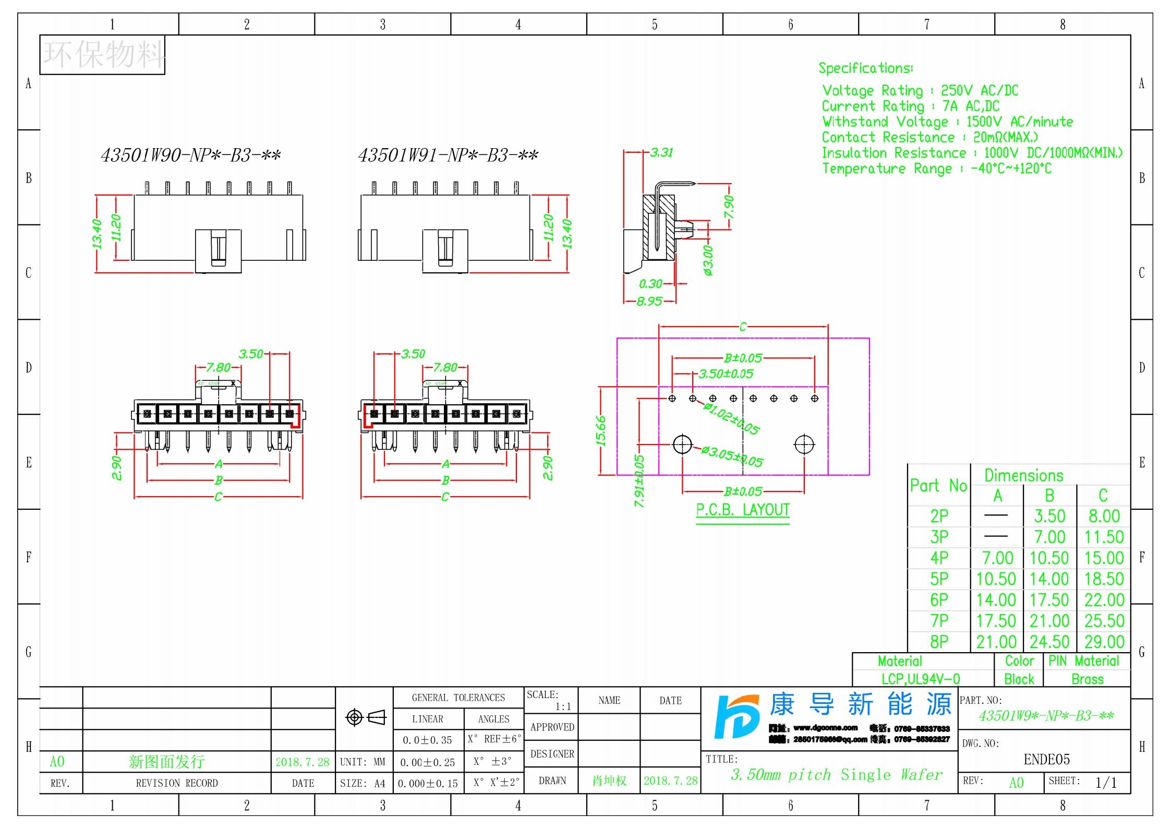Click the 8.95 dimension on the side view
(x=649, y=301)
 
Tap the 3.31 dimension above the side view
(x=661, y=152)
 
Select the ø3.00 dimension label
(x=708, y=260)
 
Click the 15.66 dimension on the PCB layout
(x=601, y=430)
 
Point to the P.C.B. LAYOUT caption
(x=743, y=510)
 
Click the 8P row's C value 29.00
(x=1104, y=642)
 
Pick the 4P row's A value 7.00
(x=997, y=558)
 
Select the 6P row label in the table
(x=939, y=600)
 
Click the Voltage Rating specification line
(x=920, y=90)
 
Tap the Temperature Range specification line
(x=936, y=169)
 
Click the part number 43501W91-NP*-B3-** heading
(x=448, y=155)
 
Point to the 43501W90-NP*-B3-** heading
(x=190, y=155)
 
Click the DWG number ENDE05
(x=1046, y=759)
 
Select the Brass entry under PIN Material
(x=1087, y=679)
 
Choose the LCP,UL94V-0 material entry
(x=920, y=679)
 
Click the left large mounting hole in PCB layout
(x=682, y=445)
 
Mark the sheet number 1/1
(x=1106, y=783)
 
